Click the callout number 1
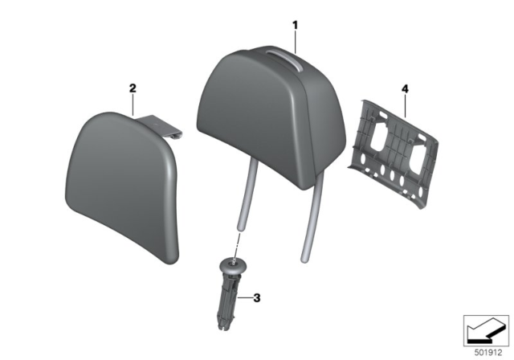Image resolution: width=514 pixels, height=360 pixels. click(x=295, y=25)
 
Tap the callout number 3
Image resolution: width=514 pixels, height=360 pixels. click(x=257, y=299)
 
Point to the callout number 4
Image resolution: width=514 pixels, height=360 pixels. click(x=405, y=88)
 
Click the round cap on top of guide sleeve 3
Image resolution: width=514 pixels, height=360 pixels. click(x=233, y=264)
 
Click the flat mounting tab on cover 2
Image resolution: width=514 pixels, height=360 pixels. click(x=165, y=126)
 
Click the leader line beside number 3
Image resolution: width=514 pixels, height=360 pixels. click(x=245, y=299)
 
